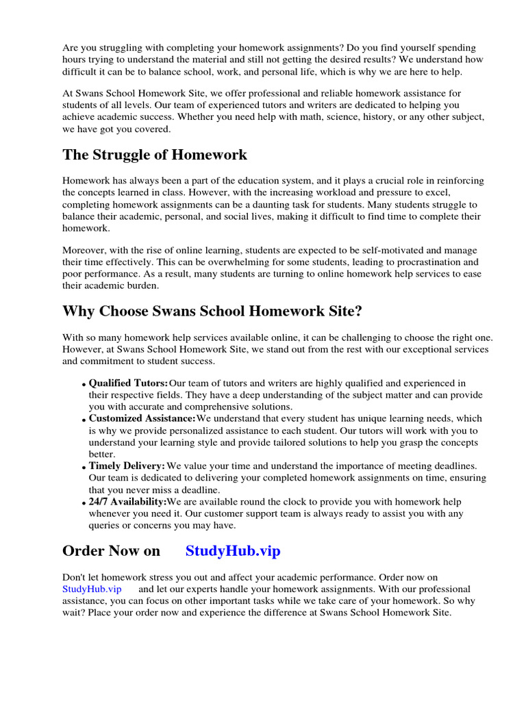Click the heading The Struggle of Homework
point(155,155)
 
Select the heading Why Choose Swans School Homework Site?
point(212,311)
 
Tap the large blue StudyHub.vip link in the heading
point(233,551)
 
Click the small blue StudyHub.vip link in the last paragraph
point(92,589)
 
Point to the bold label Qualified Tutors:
point(128,383)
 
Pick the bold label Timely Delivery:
point(127,466)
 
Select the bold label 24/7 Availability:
point(127,502)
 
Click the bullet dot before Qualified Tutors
point(84,385)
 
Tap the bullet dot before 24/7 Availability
point(84,503)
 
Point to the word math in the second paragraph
point(325,117)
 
